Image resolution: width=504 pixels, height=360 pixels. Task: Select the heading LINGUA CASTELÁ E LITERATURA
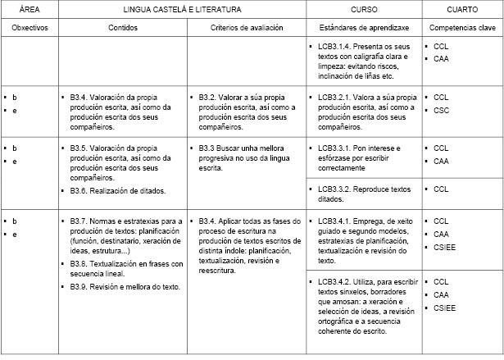[182, 10]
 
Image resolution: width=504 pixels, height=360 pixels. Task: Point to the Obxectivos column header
[30, 27]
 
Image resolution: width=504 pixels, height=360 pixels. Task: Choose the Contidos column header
[122, 27]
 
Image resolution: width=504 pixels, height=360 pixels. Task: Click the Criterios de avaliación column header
[247, 27]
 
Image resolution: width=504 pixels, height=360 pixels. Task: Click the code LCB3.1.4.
[336, 47]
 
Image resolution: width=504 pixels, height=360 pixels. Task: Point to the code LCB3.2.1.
[336, 97]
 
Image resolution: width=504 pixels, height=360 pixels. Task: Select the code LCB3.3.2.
[336, 189]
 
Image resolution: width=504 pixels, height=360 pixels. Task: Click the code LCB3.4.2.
[336, 281]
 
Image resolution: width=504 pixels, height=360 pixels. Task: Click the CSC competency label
[441, 110]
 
